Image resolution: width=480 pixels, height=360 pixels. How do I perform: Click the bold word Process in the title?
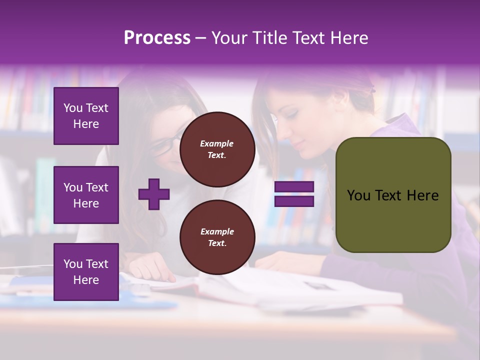[157, 38]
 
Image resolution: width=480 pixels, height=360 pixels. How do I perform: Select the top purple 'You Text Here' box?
[86, 116]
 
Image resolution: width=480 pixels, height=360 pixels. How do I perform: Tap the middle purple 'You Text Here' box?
[86, 195]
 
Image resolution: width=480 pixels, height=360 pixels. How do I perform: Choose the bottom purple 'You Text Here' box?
[86, 271]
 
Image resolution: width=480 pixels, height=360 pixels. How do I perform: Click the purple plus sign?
[154, 194]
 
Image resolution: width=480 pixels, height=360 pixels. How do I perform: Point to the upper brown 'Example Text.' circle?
[217, 149]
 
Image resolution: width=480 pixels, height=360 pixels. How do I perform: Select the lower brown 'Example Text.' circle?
[217, 237]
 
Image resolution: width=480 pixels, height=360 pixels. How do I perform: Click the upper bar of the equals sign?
[294, 187]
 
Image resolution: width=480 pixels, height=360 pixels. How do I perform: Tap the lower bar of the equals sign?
[294, 201]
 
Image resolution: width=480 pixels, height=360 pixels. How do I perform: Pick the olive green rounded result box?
[393, 195]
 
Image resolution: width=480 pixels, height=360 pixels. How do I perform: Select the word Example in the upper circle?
[217, 143]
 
